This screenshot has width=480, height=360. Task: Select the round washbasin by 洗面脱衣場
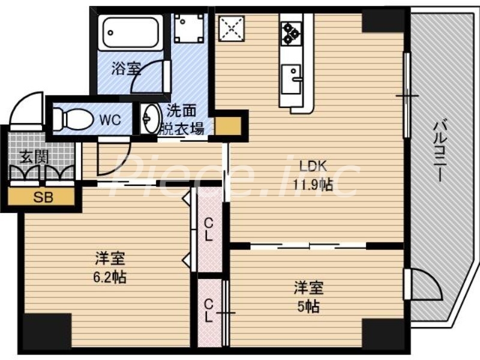tap(149, 120)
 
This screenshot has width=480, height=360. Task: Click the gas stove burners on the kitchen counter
tap(292, 32)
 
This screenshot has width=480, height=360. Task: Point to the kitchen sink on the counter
tap(293, 79)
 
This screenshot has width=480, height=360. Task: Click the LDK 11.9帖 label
tap(313, 175)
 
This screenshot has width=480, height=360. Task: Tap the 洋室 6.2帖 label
tap(110, 268)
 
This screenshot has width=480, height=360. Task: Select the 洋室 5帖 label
tap(308, 296)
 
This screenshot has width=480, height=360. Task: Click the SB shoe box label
tap(41, 197)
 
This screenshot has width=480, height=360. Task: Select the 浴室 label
tap(126, 68)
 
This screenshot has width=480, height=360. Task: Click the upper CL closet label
tap(208, 229)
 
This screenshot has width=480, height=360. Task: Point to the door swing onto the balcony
tap(424, 282)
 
